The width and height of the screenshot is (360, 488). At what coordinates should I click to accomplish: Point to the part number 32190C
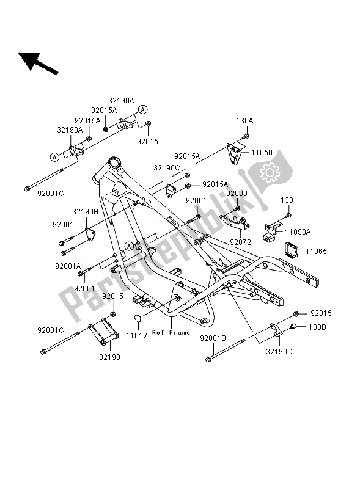point(166,167)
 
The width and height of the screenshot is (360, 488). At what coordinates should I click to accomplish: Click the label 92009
point(236,194)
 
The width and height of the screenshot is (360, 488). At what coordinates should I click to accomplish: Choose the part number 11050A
point(298,231)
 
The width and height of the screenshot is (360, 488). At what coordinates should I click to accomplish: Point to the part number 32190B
point(86,212)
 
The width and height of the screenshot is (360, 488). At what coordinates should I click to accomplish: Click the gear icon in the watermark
point(270,173)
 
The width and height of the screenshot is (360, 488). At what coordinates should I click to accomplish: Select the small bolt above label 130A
point(246,135)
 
